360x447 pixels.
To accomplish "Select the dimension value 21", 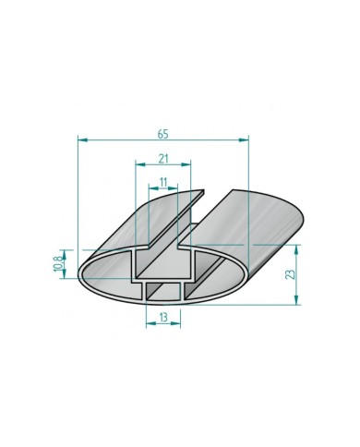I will click(x=163, y=158).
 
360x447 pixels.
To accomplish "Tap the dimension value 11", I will click(x=163, y=182).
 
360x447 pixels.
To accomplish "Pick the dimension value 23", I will click(x=290, y=273).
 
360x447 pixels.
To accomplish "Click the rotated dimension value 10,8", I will click(x=57, y=260).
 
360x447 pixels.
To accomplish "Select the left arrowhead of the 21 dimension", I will click(x=139, y=165).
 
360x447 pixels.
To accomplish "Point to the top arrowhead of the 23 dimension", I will click(x=297, y=248).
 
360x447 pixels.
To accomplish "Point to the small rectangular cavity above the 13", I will click(x=163, y=292).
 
